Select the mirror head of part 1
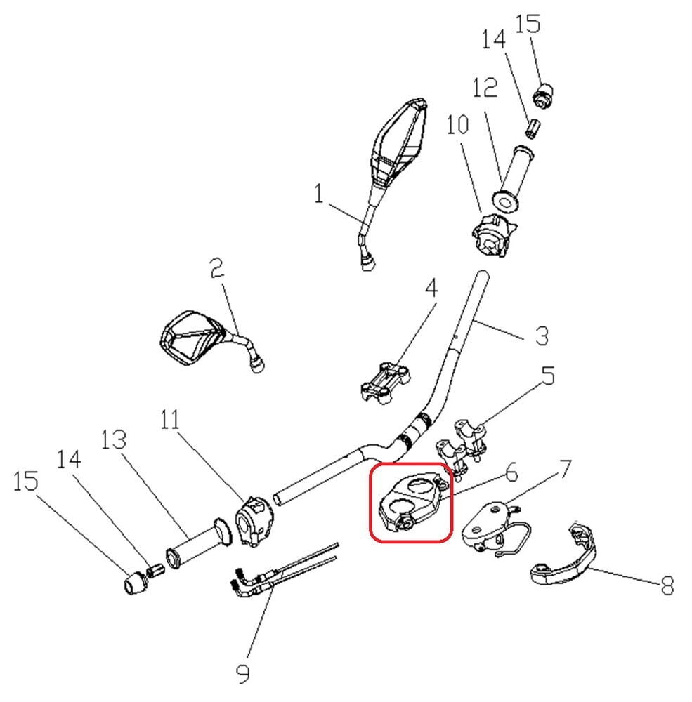click(x=398, y=144)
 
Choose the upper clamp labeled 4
click(x=385, y=380)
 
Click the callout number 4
click(x=430, y=289)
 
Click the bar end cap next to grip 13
click(x=133, y=583)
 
